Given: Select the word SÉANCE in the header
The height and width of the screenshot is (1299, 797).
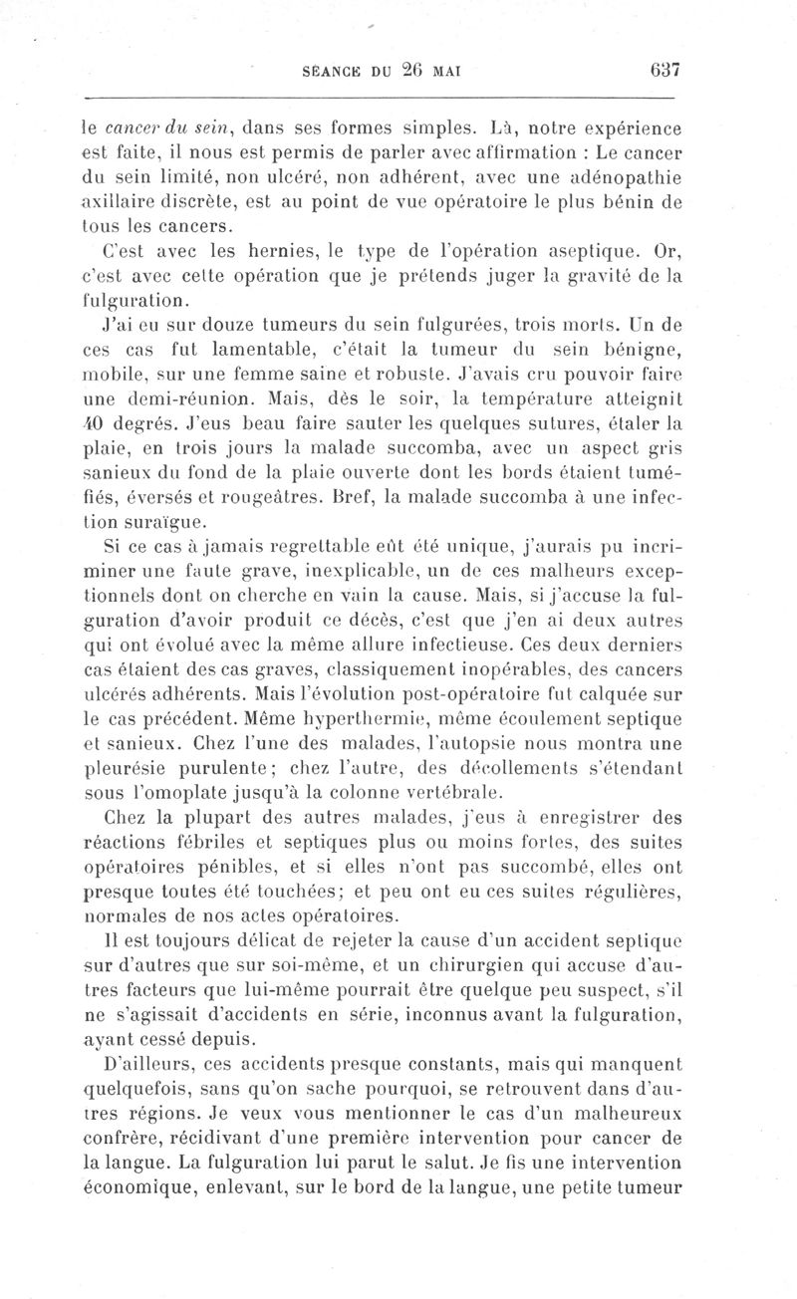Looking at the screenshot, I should (x=331, y=71).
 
